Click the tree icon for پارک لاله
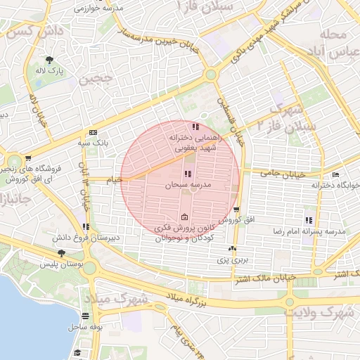pos(50,60)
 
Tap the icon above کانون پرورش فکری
pos(184,217)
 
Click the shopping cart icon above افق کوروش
pos(236,210)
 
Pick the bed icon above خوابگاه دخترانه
pos(335,175)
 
